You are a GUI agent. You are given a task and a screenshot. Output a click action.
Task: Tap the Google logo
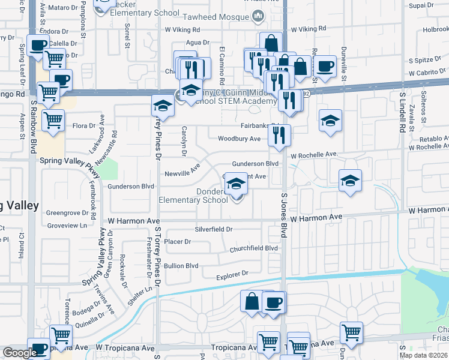click(20, 353)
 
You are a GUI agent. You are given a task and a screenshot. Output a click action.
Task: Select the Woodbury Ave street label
click(239, 139)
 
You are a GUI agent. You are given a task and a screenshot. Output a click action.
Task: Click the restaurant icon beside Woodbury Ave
click(280, 136)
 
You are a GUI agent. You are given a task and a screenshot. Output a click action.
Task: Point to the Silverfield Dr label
click(213, 229)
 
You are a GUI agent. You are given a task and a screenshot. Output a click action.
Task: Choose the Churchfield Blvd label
click(254, 248)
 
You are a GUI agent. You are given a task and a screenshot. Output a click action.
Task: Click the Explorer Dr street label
click(232, 274)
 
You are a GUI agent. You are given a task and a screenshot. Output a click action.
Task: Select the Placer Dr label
click(177, 242)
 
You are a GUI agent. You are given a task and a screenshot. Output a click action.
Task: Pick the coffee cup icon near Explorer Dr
click(274, 302)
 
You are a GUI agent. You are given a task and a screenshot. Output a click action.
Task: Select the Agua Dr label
click(197, 43)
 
